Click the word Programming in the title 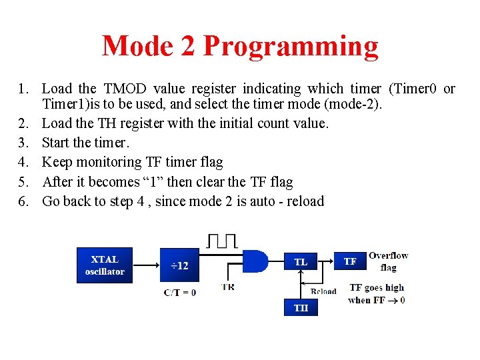291,47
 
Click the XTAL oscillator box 105,265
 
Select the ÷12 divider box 179,265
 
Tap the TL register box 301,262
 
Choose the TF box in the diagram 350,261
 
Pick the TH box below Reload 301,307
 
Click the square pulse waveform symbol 221,241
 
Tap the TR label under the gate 228,287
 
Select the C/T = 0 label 179,292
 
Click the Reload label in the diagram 324,291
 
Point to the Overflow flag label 388,261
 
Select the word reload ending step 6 305,201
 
